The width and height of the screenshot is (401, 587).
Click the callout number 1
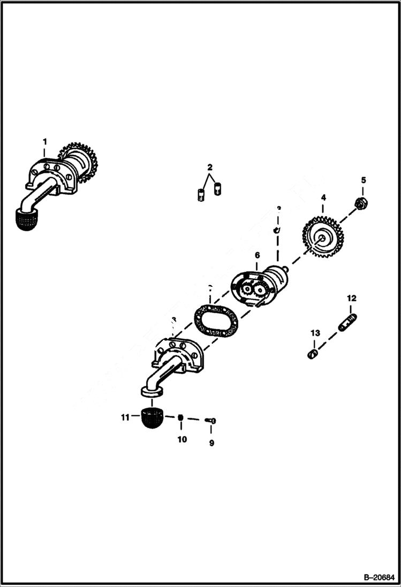click(x=45, y=141)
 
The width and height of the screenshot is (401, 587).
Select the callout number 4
click(x=323, y=197)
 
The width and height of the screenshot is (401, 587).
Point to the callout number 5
click(x=363, y=180)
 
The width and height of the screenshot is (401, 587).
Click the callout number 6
click(x=257, y=256)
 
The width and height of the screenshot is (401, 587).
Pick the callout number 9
click(x=211, y=443)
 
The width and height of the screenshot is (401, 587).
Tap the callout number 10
click(x=182, y=439)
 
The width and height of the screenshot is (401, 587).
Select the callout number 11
click(x=125, y=417)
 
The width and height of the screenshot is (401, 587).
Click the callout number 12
click(x=351, y=298)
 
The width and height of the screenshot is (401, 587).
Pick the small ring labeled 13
click(x=314, y=353)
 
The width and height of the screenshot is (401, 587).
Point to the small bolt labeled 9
click(x=211, y=422)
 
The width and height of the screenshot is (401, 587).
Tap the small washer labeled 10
click(x=181, y=418)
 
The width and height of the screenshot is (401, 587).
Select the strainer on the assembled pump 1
click(x=30, y=220)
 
